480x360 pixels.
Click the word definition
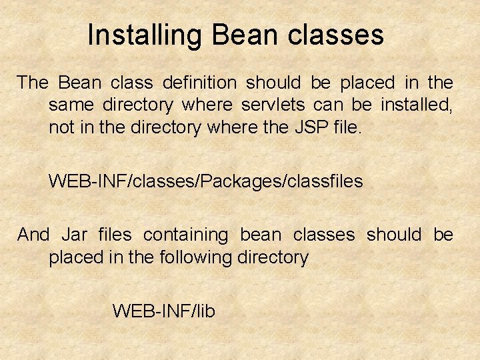pyautogui.click(x=199, y=83)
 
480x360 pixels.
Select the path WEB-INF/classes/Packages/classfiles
pyautogui.click(x=205, y=181)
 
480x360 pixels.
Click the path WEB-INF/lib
pyautogui.click(x=163, y=311)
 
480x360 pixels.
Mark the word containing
pyautogui.click(x=185, y=235)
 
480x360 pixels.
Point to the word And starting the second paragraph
pyautogui.click(x=33, y=235)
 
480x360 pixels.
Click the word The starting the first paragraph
pyautogui.click(x=33, y=83)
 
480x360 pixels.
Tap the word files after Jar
pyautogui.click(x=115, y=235)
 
